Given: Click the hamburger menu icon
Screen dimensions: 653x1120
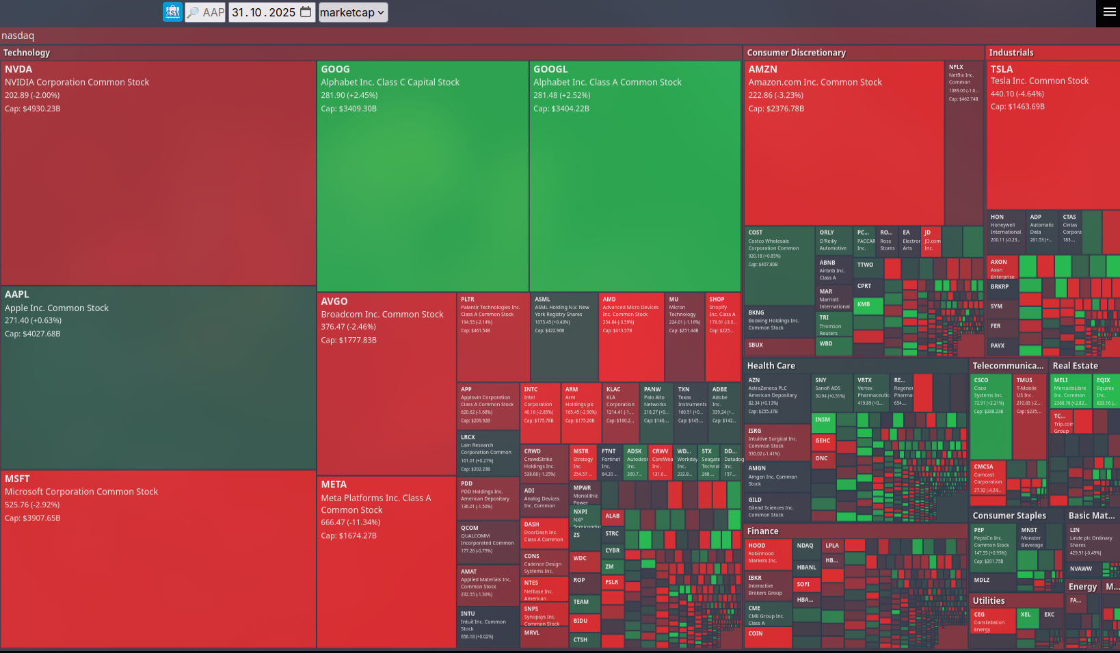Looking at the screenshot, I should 1109,12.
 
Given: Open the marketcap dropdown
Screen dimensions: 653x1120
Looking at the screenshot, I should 353,12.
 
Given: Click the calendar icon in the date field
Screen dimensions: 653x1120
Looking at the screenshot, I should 306,12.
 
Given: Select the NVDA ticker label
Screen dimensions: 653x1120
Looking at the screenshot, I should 18,69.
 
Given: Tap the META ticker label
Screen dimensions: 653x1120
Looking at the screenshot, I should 334,484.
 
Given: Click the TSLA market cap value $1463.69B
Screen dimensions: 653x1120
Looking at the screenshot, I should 1017,107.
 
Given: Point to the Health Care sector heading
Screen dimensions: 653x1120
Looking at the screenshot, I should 771,366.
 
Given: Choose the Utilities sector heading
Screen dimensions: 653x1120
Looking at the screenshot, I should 989,600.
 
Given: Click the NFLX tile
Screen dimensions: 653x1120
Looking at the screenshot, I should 963,137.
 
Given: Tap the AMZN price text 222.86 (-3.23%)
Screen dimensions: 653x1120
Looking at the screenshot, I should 775,96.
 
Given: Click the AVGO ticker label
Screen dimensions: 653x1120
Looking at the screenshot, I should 334,302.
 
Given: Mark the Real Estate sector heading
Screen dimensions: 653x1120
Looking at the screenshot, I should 1075,366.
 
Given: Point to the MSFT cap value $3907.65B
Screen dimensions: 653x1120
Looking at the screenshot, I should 32,518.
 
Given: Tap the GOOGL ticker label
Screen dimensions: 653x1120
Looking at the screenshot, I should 550,69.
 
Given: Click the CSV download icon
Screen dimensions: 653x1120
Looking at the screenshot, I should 172,12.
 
